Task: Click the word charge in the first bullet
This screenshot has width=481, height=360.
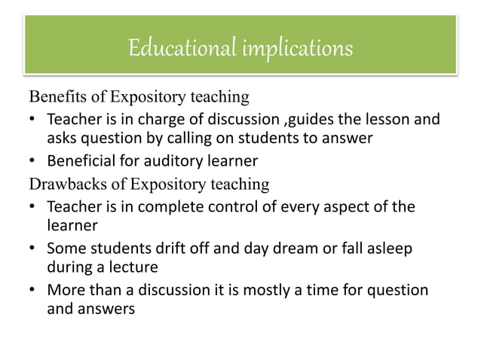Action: pos(158,120)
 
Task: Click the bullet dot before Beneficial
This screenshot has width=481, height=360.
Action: pos(33,161)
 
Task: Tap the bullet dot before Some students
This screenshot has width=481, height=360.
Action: pos(33,249)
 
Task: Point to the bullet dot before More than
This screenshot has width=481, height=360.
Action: pos(33,291)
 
